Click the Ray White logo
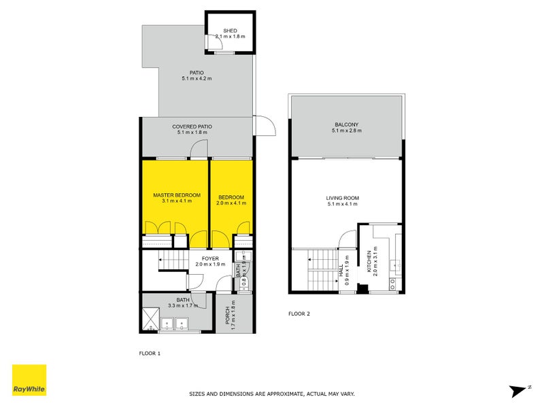(x=29, y=380)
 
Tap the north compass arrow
(x=520, y=390)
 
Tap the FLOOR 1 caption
(x=149, y=354)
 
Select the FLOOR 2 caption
(x=299, y=313)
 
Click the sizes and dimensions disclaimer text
(x=271, y=394)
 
